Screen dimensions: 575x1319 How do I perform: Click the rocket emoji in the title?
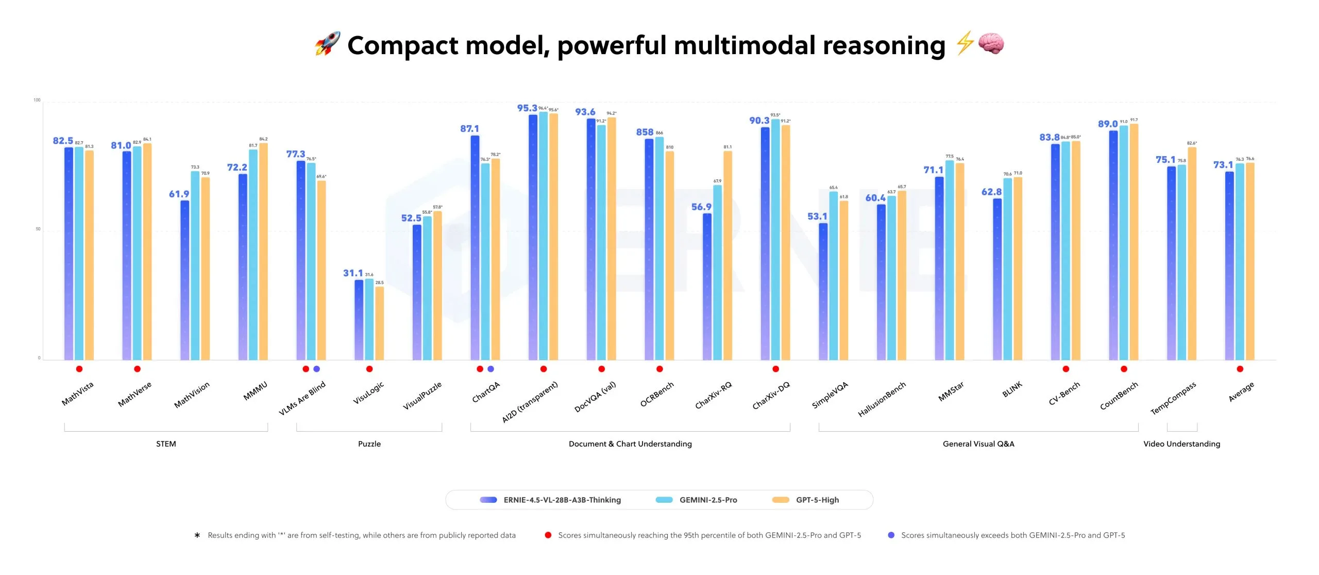point(328,44)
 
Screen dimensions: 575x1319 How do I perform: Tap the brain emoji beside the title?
point(990,44)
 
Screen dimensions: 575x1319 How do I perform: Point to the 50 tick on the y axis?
point(38,229)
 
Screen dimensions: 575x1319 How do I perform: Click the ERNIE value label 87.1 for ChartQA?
point(469,129)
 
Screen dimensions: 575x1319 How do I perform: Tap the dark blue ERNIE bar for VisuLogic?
point(359,319)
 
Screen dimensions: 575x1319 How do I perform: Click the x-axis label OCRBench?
point(657,395)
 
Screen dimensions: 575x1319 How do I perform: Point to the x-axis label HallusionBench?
point(882,399)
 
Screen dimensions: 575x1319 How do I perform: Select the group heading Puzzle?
point(369,444)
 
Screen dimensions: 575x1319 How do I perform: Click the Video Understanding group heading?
point(1181,444)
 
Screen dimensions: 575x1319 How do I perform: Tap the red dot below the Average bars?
point(1240,369)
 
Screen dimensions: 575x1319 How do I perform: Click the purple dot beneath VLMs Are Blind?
point(316,369)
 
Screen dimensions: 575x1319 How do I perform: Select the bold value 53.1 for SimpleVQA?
point(817,216)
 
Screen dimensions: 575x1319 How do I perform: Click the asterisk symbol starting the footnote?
point(197,536)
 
